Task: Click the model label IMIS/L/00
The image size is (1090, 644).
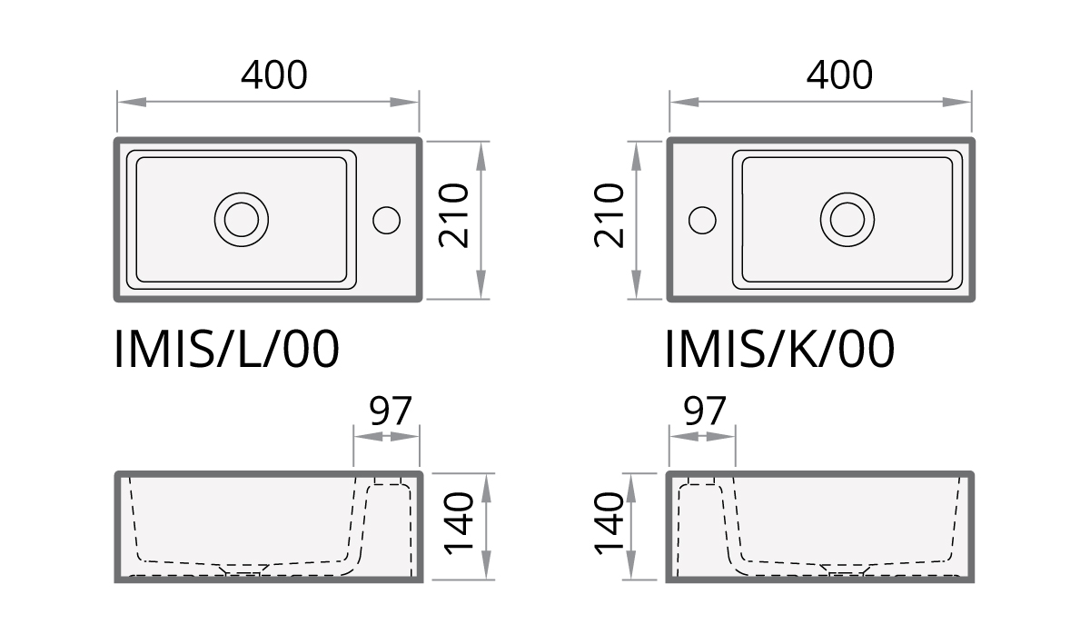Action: [227, 350]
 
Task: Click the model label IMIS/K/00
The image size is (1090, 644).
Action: [779, 350]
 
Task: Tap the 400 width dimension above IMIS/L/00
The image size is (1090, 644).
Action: [273, 75]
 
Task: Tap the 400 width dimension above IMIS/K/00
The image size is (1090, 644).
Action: [839, 75]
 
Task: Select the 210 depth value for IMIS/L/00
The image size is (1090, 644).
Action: [453, 216]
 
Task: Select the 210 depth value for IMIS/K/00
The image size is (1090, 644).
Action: [609, 216]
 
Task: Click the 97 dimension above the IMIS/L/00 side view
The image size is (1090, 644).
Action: [390, 412]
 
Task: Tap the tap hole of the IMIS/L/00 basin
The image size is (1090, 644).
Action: [387, 219]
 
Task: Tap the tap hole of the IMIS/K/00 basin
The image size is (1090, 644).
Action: [702, 219]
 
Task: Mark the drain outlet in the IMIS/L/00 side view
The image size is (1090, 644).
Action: [242, 571]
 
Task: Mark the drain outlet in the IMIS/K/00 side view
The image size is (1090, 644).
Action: [847, 571]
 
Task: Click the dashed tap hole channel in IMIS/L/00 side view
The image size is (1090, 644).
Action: [389, 527]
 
